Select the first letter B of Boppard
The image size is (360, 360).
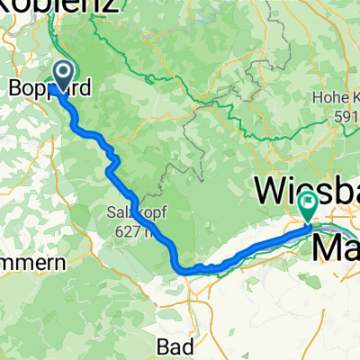click(14, 88)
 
